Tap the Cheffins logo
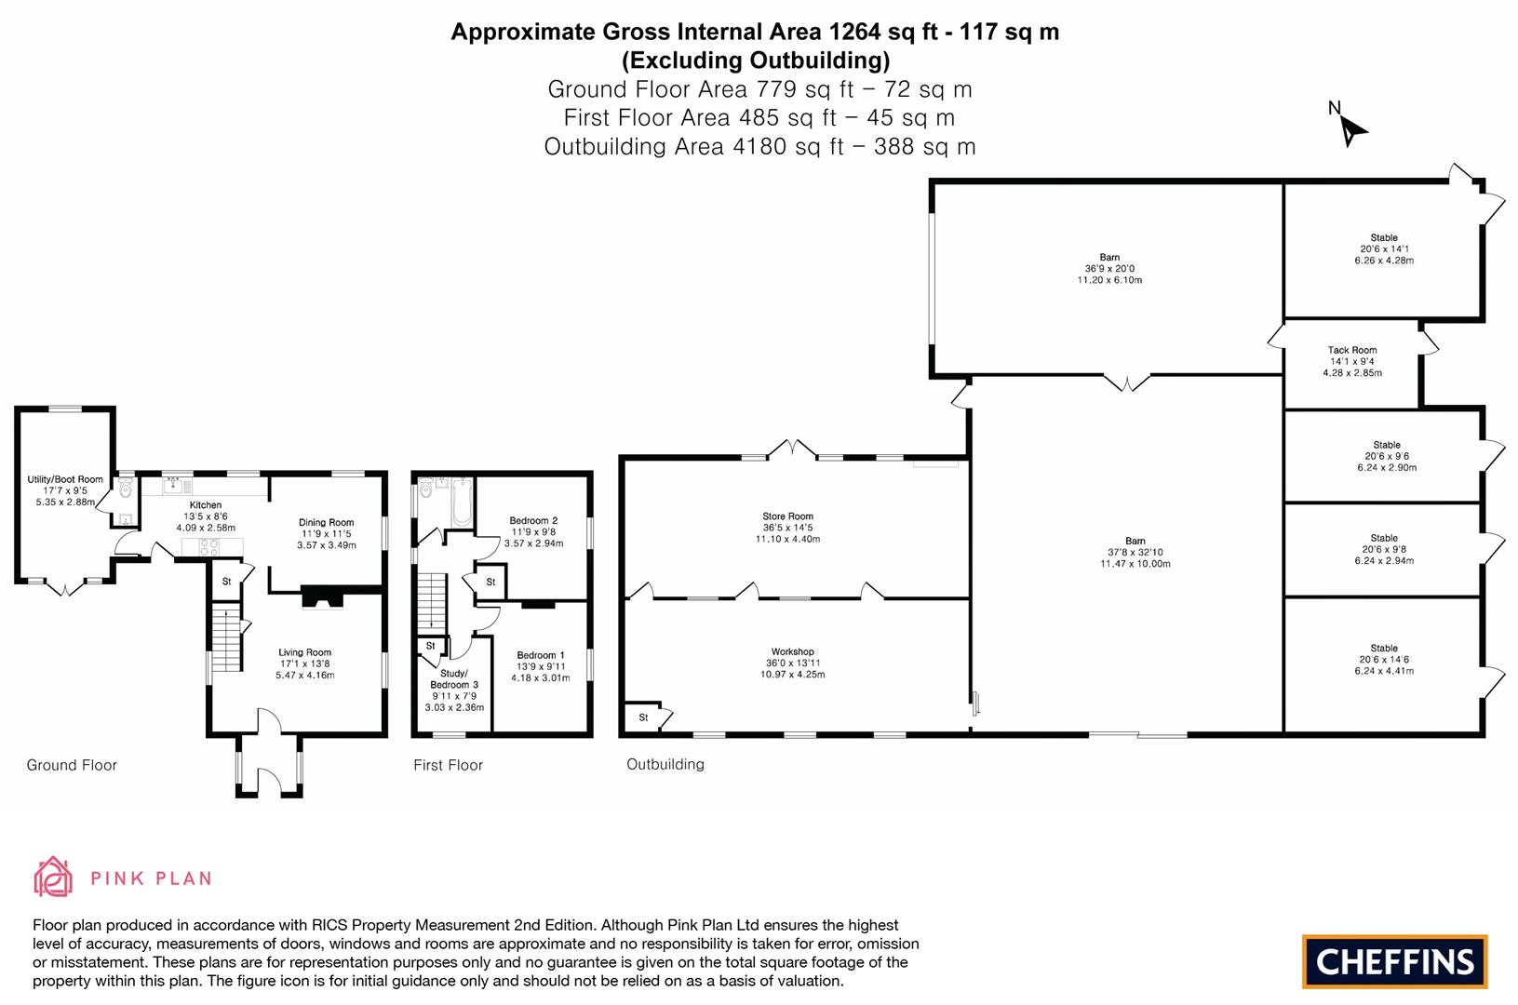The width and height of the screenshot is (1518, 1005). coord(1393,961)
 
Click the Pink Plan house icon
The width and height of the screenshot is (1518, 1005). coord(53,877)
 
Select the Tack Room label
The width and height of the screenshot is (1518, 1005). coord(1351,351)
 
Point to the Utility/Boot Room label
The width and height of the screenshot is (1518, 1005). coord(65,479)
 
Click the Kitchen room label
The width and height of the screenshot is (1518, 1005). coord(206,505)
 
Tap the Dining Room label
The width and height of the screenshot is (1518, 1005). coord(326,523)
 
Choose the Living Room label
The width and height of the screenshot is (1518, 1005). coord(304,652)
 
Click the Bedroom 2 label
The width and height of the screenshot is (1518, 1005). coord(533,520)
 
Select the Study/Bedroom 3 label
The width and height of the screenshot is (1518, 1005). coord(454,678)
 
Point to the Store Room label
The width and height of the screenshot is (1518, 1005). coord(787,516)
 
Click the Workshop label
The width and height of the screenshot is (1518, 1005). coord(792,651)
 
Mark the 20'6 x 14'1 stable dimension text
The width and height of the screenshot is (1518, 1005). coord(1384,249)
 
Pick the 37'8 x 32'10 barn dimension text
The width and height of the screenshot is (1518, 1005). coord(1135,552)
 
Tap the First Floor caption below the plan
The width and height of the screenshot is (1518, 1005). coord(448,765)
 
